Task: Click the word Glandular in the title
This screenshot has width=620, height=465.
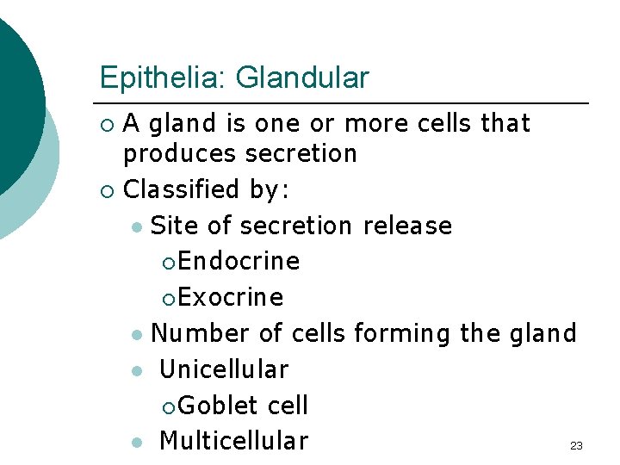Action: (302, 78)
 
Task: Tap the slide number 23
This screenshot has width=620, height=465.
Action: (576, 445)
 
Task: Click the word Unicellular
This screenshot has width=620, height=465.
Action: (224, 369)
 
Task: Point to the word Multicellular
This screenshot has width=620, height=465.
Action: (233, 441)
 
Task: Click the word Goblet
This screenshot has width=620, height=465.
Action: (220, 406)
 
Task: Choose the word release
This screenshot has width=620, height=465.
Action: (407, 226)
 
